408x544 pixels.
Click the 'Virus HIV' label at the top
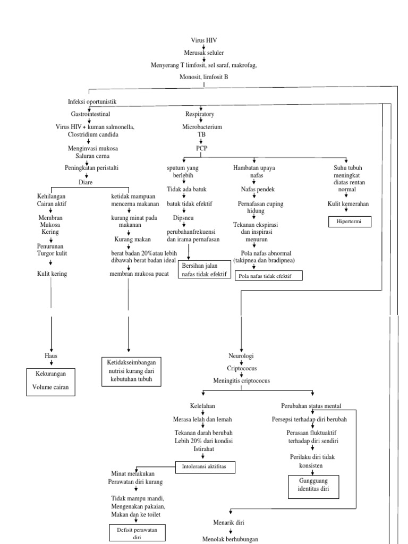click(204, 40)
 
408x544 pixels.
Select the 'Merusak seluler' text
click(204, 53)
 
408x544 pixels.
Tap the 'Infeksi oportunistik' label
click(92, 101)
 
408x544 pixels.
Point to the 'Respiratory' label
click(200, 114)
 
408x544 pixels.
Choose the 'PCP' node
click(201, 148)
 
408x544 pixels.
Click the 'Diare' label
click(86, 182)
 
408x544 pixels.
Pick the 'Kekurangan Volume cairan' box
click(52, 382)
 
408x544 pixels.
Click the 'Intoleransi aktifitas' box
click(205, 467)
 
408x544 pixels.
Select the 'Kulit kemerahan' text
click(348, 203)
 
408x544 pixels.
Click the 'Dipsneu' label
click(183, 218)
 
